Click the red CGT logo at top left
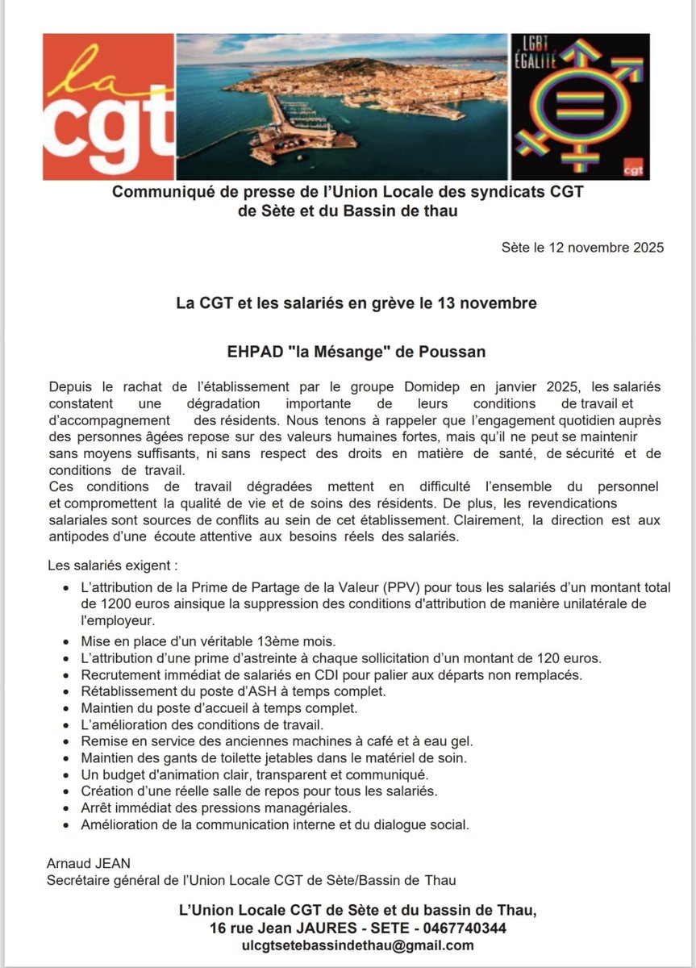[108, 106]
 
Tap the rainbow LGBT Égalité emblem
[581, 106]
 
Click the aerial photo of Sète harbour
[342, 106]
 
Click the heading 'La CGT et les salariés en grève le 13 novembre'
[356, 303]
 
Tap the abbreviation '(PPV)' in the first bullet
[409, 587]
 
